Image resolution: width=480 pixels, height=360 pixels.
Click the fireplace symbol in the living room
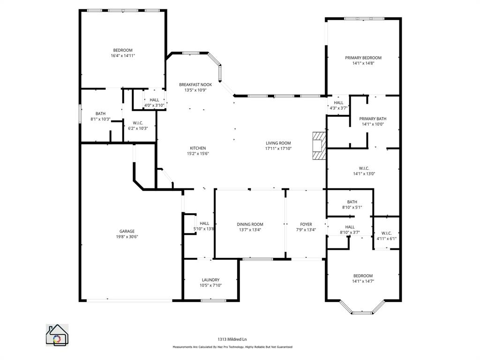319,145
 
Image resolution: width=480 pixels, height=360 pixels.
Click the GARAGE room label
127,231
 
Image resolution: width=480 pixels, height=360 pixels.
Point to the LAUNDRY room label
210,280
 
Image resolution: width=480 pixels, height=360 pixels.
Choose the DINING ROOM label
250,224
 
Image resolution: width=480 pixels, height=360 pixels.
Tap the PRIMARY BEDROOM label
363,58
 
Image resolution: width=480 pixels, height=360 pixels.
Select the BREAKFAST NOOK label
195,84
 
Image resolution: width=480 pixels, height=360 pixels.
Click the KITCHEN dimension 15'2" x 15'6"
197,153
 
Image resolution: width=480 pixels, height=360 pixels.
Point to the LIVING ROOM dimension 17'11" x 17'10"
278,149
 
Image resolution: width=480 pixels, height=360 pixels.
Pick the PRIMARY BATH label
373,119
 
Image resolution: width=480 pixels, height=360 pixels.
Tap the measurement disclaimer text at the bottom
232,347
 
